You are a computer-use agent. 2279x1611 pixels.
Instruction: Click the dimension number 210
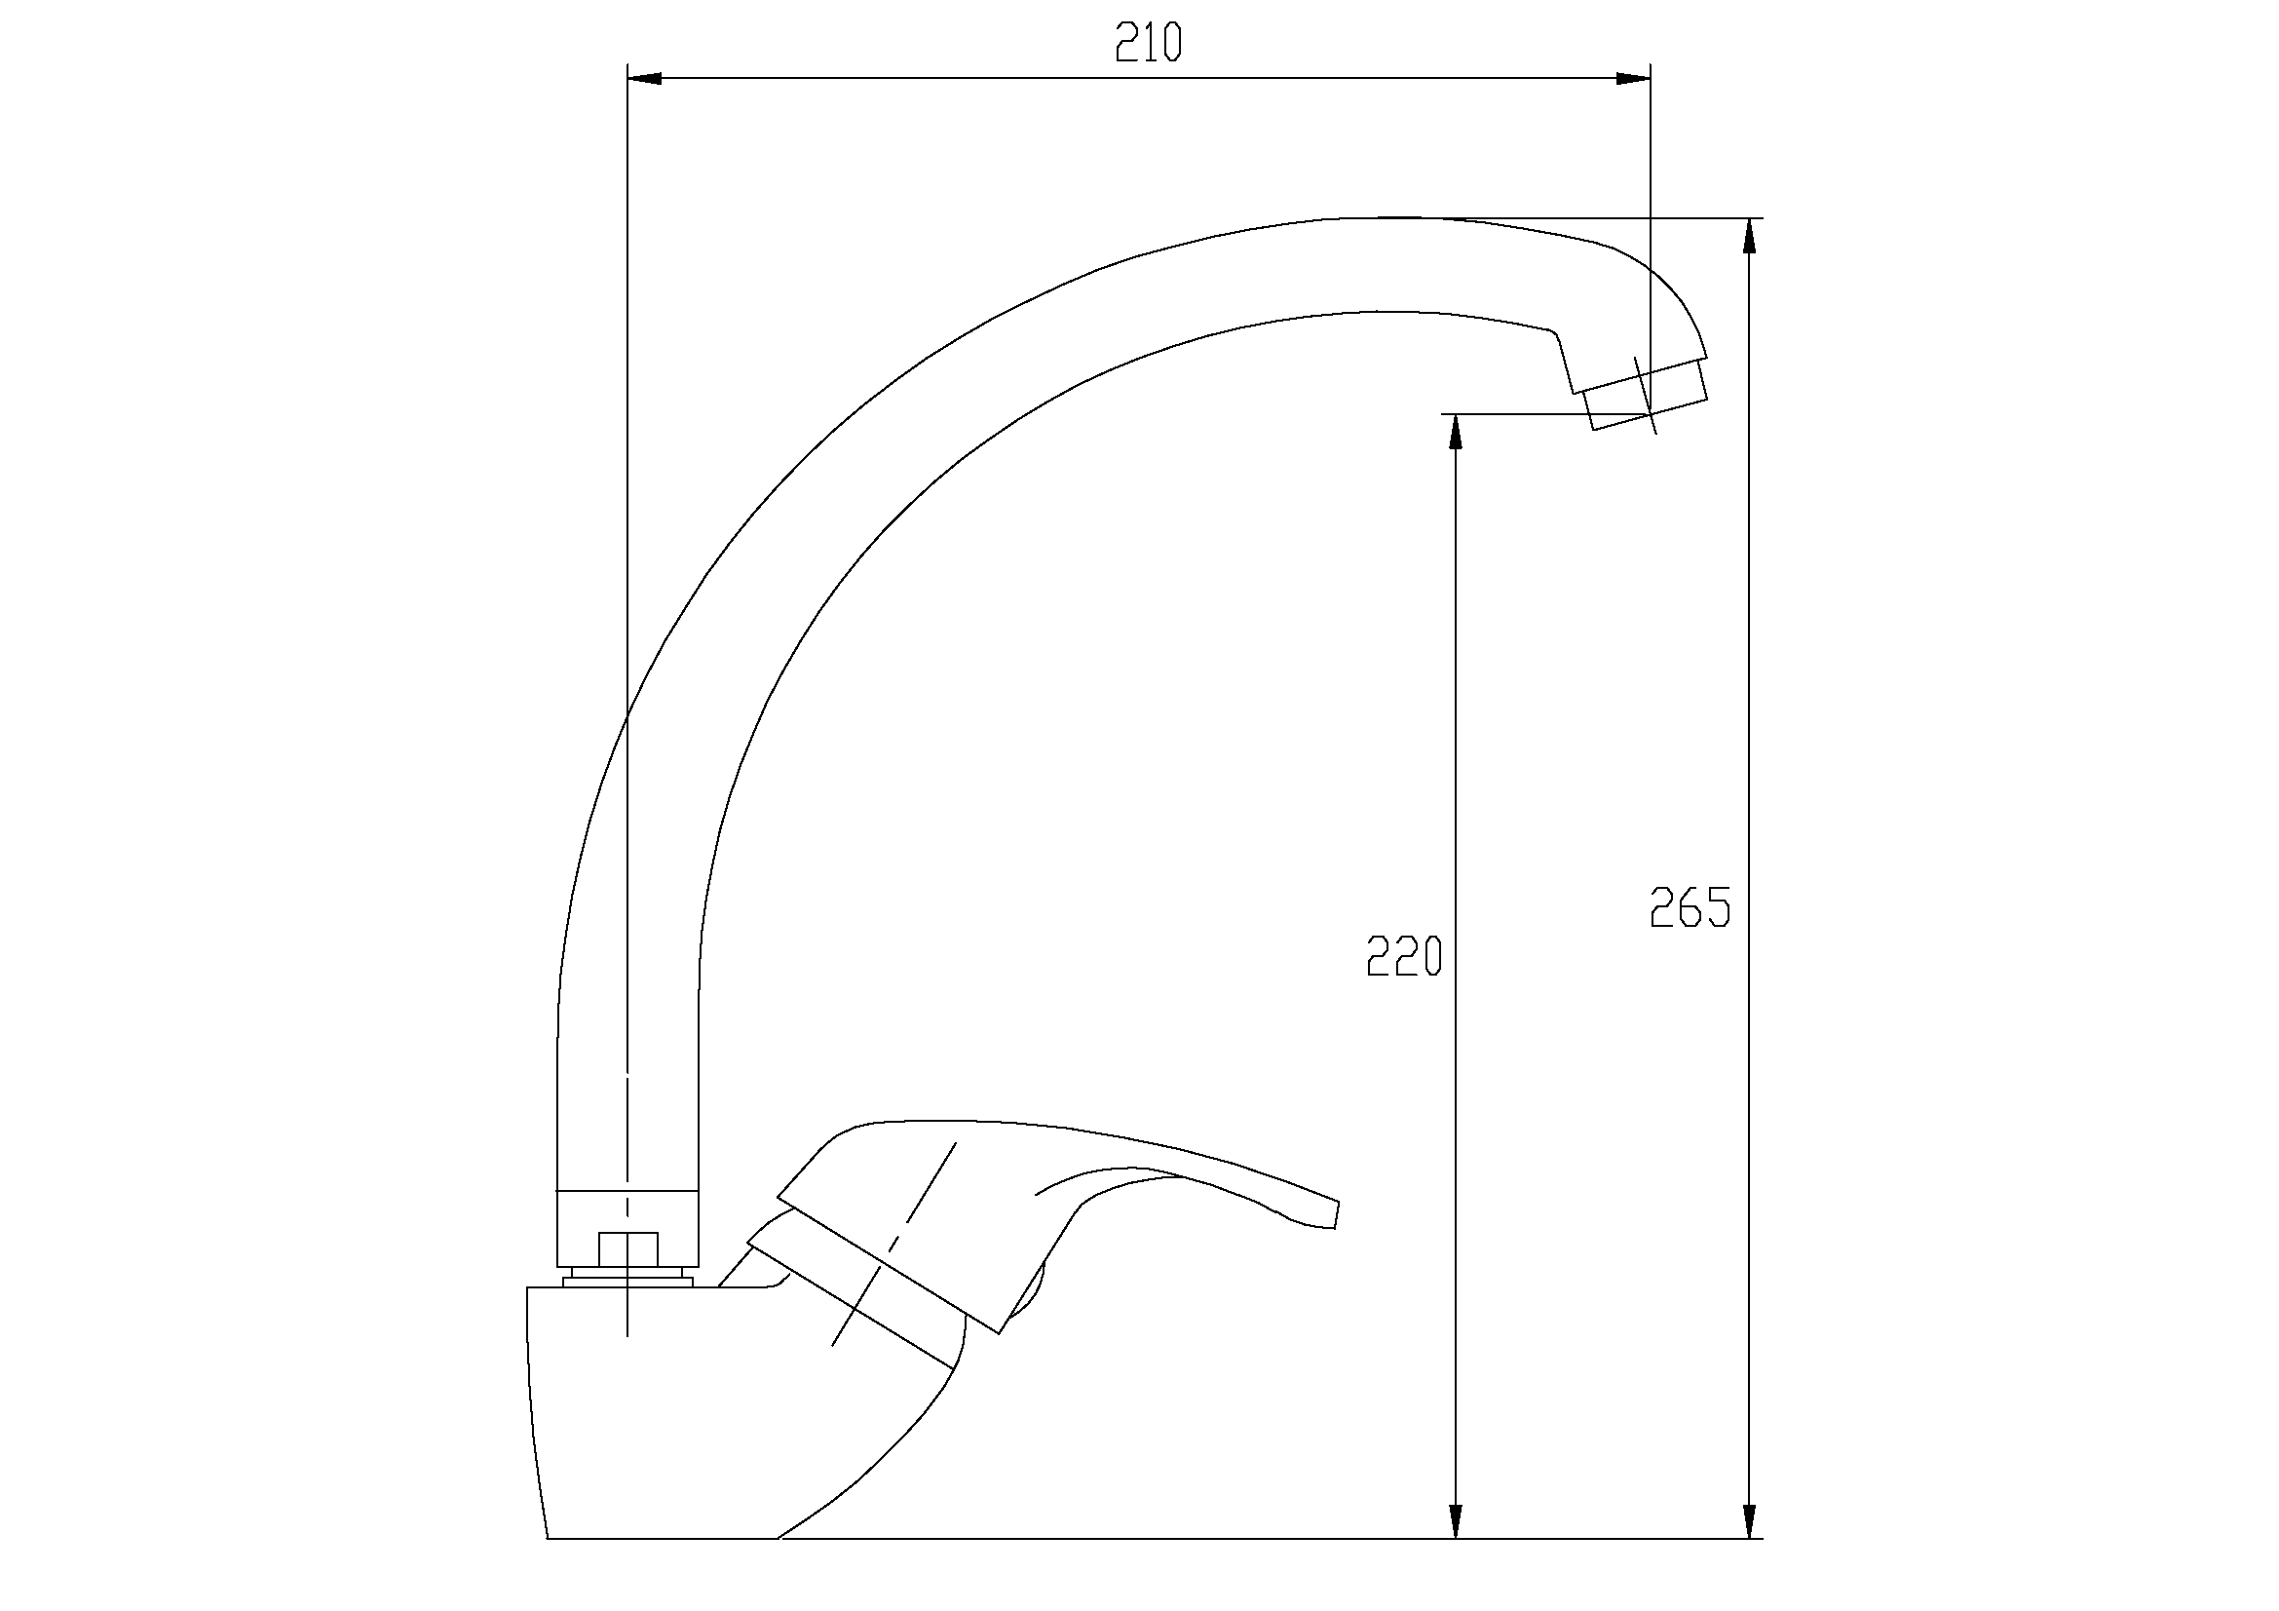pyautogui.click(x=1149, y=43)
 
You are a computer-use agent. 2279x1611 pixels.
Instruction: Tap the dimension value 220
pyautogui.click(x=1403, y=957)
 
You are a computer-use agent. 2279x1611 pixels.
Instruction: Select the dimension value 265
pyautogui.click(x=1690, y=907)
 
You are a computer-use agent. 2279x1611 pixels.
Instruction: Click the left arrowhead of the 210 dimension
pyautogui.click(x=645, y=78)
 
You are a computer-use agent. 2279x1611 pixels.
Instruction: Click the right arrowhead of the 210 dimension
pyautogui.click(x=1633, y=78)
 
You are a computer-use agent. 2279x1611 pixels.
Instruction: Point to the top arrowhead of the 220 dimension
pyautogui.click(x=1455, y=432)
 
